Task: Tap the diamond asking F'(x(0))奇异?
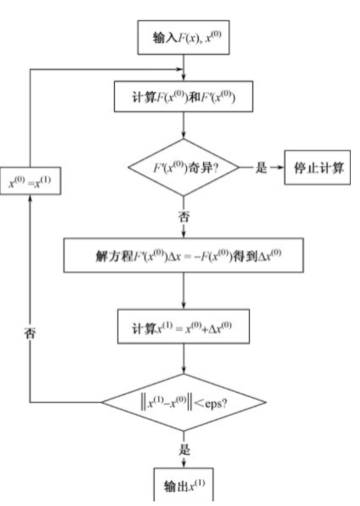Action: click(184, 168)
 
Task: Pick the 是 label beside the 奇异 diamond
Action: click(261, 168)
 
